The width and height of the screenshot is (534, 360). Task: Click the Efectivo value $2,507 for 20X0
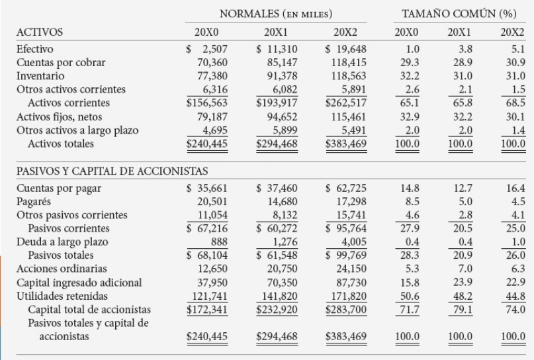click(206, 50)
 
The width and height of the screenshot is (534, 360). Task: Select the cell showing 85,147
click(282, 63)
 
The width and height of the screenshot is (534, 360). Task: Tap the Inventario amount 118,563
click(349, 76)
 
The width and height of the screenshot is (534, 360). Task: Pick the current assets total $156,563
click(206, 103)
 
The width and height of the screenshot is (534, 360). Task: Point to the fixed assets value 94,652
click(282, 117)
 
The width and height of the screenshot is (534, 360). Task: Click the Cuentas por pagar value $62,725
click(345, 189)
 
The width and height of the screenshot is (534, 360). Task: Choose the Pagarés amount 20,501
click(212, 202)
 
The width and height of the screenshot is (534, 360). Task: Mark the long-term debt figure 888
click(219, 242)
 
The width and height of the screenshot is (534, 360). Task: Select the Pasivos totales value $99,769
click(345, 255)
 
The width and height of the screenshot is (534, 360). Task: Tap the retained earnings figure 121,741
click(210, 296)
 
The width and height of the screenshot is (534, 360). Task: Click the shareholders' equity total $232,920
click(277, 310)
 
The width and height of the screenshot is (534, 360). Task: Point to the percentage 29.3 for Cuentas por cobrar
click(410, 63)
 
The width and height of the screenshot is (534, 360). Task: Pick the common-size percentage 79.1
click(463, 310)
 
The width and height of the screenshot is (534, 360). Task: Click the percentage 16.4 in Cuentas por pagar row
click(515, 189)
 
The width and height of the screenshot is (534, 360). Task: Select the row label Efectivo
click(34, 49)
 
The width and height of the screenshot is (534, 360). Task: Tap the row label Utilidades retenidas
click(62, 296)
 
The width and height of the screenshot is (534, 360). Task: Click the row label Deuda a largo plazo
click(62, 242)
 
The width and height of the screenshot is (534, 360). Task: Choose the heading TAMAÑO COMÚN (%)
click(459, 14)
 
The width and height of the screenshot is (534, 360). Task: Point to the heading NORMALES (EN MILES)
click(276, 14)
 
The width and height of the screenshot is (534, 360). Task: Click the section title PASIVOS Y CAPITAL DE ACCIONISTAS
click(112, 171)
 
